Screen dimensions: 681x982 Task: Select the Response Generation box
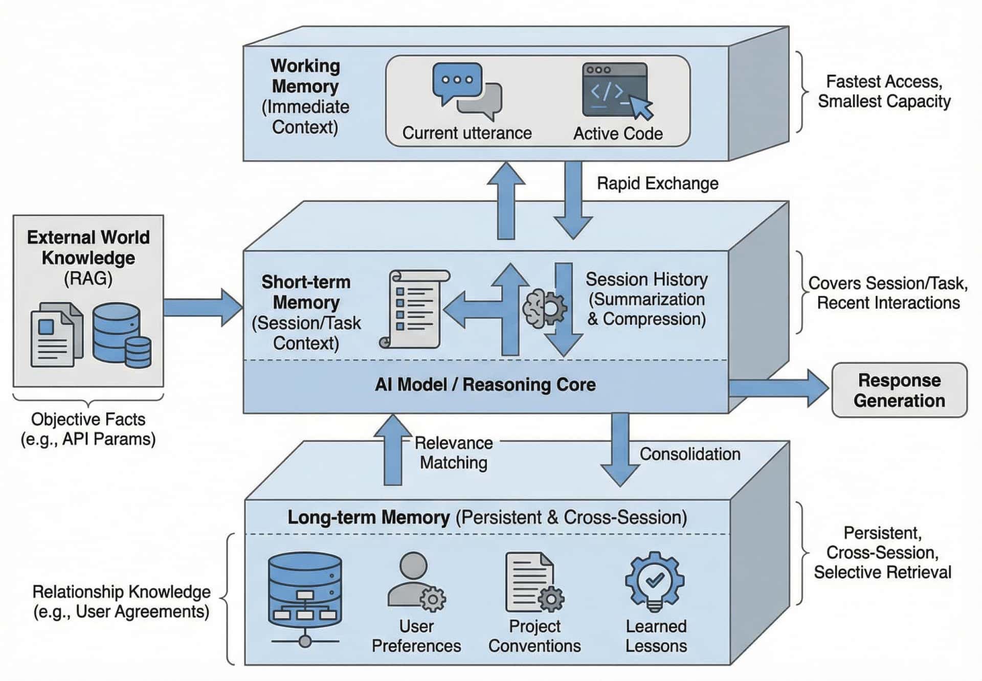coord(899,390)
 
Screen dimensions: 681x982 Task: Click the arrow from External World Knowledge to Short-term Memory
coord(203,307)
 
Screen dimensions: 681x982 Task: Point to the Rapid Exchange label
coord(657,184)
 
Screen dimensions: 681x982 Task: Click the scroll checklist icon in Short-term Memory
coord(415,309)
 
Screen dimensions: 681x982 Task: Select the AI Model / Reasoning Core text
coord(485,384)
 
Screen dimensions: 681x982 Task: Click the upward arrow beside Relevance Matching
coord(393,450)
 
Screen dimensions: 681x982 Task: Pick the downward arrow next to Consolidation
coord(620,450)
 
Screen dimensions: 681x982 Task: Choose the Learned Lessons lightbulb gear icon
coord(655,581)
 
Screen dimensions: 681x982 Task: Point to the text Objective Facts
coord(88,419)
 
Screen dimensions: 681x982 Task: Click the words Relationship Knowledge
coord(121,592)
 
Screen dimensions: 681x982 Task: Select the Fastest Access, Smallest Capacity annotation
coord(884,92)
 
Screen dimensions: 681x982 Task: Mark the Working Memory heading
coord(305,76)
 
